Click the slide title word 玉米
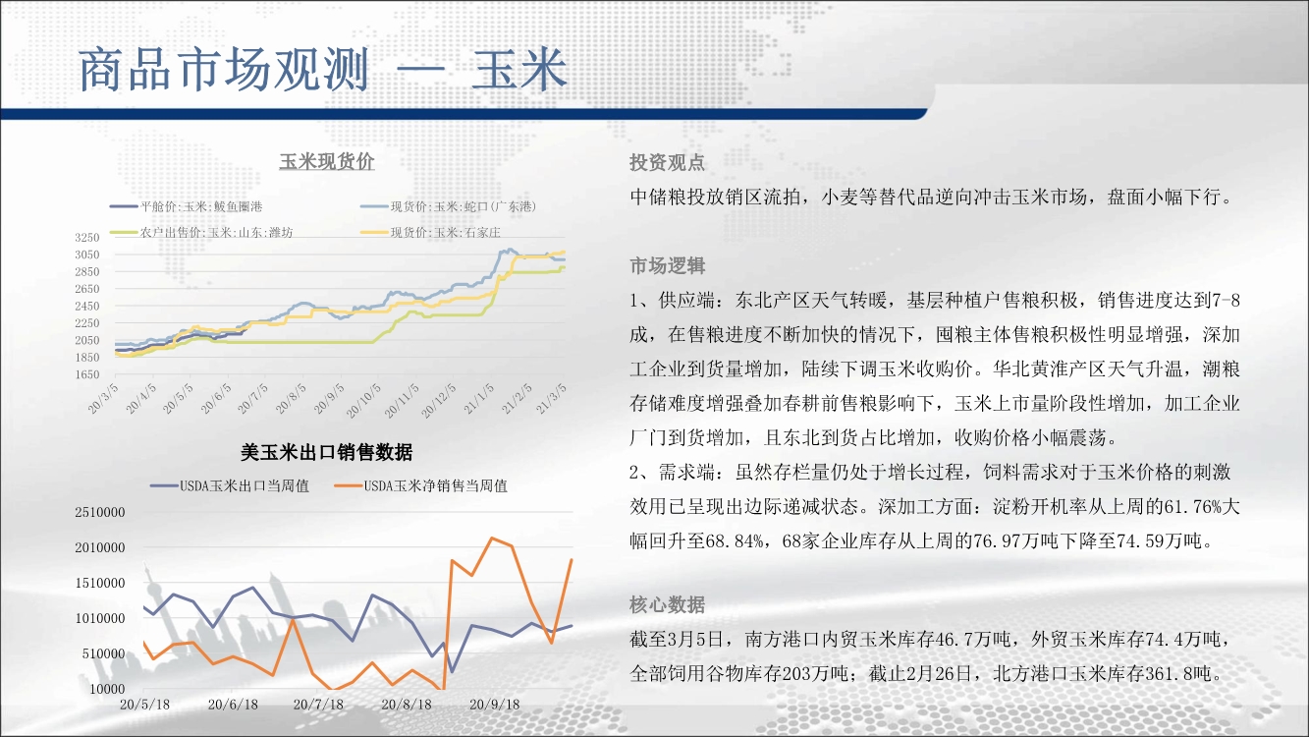coord(519,69)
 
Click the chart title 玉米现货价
coord(327,162)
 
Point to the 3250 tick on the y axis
coord(87,238)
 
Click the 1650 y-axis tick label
coord(87,374)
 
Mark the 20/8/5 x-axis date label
coord(291,398)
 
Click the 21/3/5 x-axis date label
coord(551,398)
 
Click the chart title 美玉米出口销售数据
coord(327,452)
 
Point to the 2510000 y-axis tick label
coord(100,512)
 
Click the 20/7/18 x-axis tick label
coord(318,705)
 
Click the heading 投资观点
coord(668,162)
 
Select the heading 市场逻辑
coord(668,266)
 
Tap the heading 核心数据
coord(668,604)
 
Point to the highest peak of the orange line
coord(492,539)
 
